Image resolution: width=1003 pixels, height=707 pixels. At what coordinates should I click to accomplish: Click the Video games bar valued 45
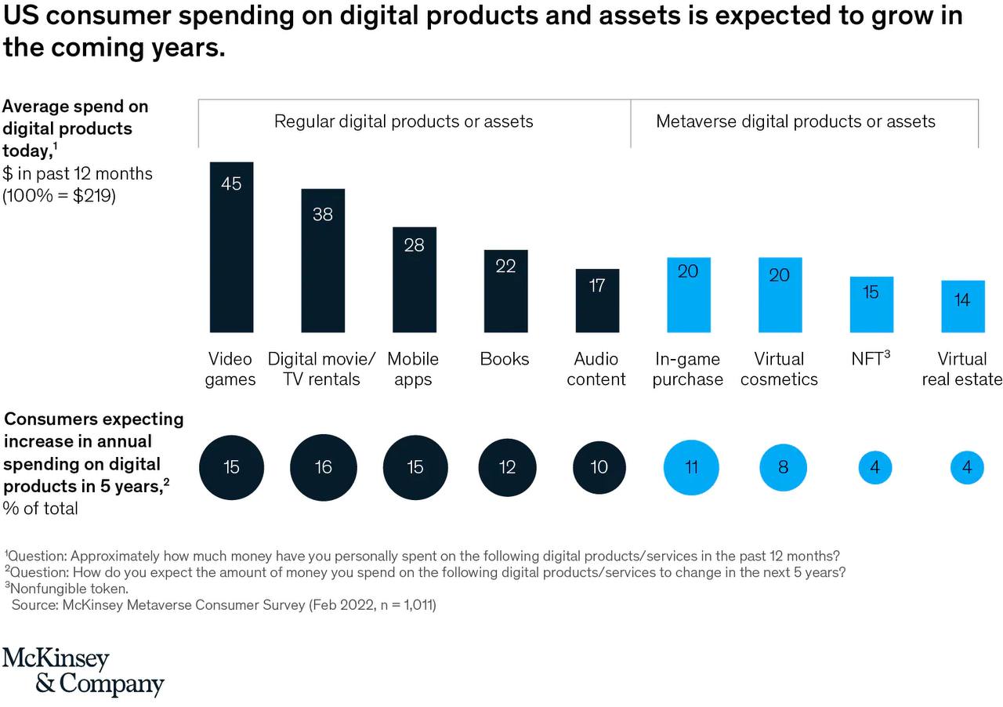231,247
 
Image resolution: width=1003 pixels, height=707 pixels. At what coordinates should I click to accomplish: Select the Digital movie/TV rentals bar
323,260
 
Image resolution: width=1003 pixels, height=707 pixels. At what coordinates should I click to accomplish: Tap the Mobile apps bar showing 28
415,280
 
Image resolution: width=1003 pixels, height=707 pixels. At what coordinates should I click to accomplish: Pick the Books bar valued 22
505,291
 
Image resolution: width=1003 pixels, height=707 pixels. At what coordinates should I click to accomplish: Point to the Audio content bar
597,300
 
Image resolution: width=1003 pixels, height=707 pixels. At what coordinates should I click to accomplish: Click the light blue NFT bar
871,304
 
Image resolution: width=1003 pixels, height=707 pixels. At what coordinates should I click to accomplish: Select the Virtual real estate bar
962,306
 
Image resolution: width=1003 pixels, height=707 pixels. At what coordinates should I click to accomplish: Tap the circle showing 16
323,467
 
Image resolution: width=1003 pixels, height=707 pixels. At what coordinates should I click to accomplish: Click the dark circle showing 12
507,467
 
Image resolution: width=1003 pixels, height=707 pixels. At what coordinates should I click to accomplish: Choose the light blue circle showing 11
691,467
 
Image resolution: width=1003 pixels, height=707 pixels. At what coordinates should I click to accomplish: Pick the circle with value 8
783,467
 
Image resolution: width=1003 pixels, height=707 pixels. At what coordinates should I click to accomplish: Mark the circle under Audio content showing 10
599,467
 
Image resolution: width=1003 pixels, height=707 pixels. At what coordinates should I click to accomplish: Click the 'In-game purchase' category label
688,369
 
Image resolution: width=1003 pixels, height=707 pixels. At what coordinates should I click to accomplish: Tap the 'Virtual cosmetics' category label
779,369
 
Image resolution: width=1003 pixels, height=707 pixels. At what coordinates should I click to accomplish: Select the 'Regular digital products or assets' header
404,121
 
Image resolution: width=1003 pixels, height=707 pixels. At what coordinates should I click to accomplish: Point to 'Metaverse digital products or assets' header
795,121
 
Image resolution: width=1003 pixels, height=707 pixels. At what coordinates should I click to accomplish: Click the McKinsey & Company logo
82,671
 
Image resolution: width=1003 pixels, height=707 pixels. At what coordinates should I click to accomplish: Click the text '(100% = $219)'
60,196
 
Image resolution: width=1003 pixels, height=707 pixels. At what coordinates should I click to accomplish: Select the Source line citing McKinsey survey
223,605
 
